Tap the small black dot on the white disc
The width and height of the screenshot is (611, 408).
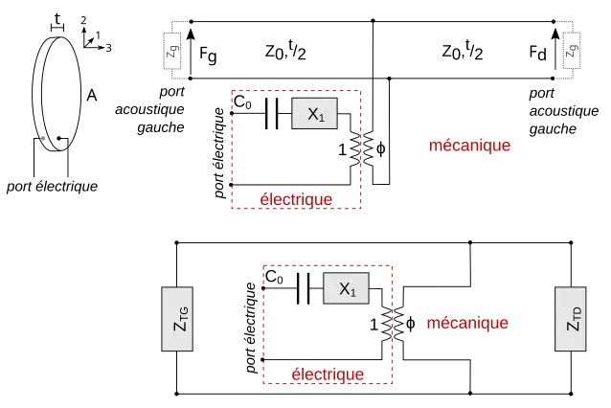pyautogui.click(x=59, y=138)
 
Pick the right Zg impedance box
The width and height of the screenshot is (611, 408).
pyautogui.click(x=572, y=50)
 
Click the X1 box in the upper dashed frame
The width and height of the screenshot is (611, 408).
pyautogui.click(x=315, y=113)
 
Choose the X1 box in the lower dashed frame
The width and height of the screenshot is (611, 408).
pyautogui.click(x=346, y=288)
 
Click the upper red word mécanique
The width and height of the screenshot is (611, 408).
pyautogui.click(x=470, y=146)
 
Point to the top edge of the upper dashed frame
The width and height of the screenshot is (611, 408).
pyautogui.click(x=263, y=92)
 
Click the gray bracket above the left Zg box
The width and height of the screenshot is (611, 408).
pyautogui.click(x=178, y=19)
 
